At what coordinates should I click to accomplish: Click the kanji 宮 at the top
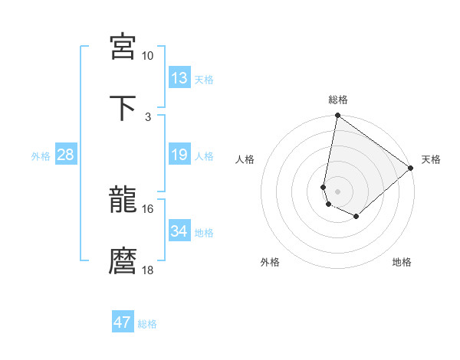pyautogui.click(x=123, y=47)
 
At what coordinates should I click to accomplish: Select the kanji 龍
pyautogui.click(x=123, y=202)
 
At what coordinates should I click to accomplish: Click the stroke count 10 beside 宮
pyautogui.click(x=148, y=56)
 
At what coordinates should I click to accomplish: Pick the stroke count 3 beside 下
pyautogui.click(x=148, y=116)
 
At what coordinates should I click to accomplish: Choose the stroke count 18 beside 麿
pyautogui.click(x=148, y=270)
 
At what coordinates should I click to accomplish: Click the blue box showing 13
pyautogui.click(x=179, y=78)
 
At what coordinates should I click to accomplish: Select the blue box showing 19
pyautogui.click(x=179, y=155)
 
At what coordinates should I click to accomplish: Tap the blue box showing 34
pyautogui.click(x=179, y=231)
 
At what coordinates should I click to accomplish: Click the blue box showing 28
pyautogui.click(x=66, y=155)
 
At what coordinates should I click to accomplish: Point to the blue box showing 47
pyautogui.click(x=123, y=322)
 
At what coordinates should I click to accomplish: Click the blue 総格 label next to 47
pyautogui.click(x=147, y=324)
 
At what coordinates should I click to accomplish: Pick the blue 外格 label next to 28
pyautogui.click(x=41, y=156)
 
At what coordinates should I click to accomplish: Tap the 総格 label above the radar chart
pyautogui.click(x=337, y=100)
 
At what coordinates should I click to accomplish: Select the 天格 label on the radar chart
pyautogui.click(x=431, y=159)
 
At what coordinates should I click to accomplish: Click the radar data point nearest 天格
pyautogui.click(x=412, y=168)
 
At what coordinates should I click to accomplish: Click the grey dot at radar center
pyautogui.click(x=337, y=191)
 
